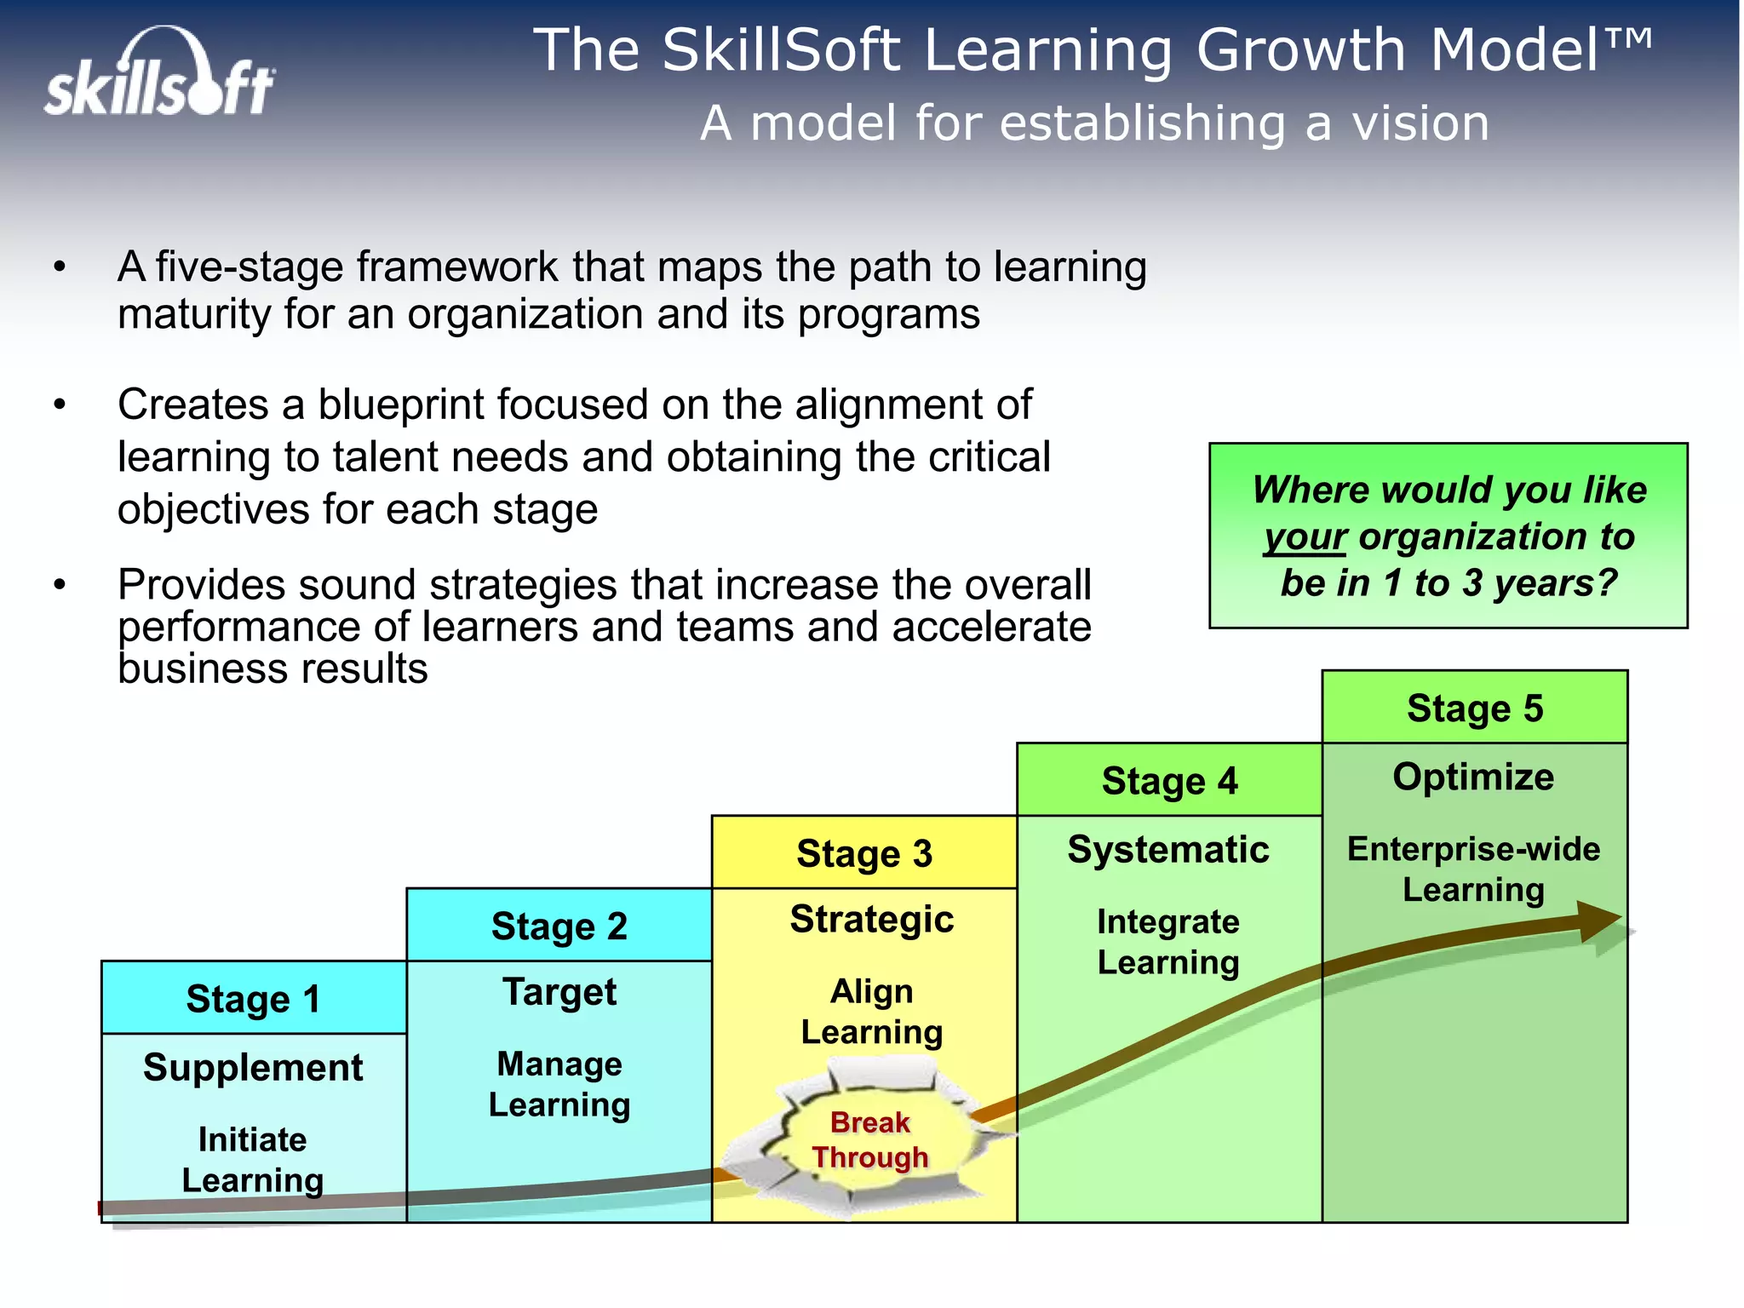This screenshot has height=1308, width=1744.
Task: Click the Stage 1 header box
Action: [253, 998]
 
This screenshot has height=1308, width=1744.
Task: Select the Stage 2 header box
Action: [559, 926]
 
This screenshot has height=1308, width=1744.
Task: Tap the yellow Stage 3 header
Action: [864, 852]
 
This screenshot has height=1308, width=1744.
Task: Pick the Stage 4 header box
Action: [1169, 780]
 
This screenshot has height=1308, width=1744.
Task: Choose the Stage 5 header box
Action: [1474, 708]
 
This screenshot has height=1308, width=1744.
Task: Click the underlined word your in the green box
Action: [1305, 537]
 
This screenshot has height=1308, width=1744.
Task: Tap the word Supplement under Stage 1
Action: [253, 1068]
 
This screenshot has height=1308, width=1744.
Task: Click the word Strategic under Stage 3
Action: [871, 920]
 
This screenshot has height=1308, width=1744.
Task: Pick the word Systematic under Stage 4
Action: [1168, 850]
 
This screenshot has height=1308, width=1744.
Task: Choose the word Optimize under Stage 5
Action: [1473, 777]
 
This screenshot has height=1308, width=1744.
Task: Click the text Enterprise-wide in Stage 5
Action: [1473, 849]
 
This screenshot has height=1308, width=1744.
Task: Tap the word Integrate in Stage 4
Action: [1167, 922]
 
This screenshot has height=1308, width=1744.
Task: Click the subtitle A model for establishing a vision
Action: [1094, 123]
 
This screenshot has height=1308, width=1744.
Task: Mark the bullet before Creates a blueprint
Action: [59, 404]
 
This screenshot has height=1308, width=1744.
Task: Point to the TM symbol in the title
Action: [1629, 38]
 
